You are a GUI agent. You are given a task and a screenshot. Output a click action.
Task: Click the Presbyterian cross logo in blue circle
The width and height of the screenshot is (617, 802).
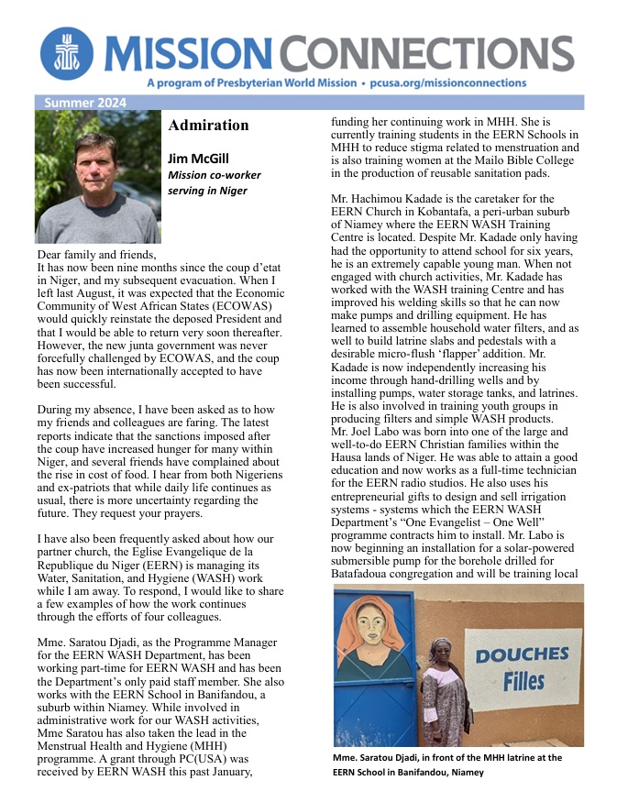pos(65,53)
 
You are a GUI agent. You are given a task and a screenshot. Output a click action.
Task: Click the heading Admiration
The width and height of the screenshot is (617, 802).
pos(208,126)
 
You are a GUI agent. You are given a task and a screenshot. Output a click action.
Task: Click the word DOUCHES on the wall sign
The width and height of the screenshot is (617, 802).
pos(522,654)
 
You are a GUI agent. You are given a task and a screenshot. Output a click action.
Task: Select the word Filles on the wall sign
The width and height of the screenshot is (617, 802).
pos(523,681)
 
